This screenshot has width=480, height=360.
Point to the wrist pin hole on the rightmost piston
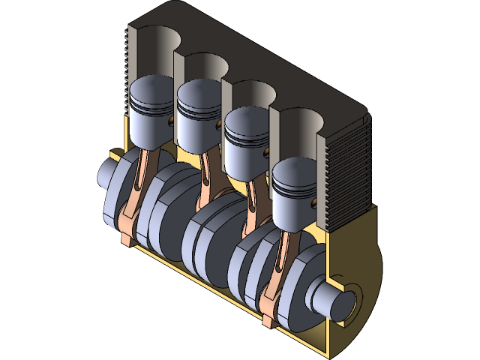[x=312, y=201]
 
